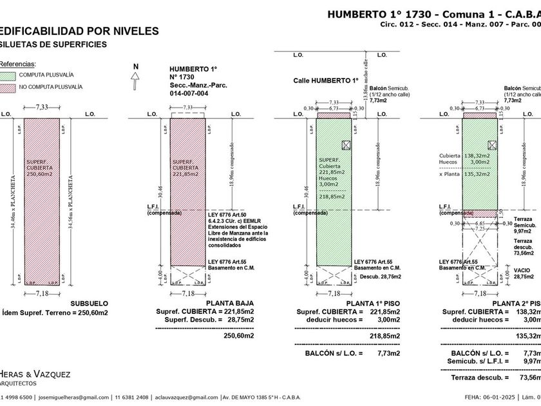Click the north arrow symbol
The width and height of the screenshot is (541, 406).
click(x=135, y=79)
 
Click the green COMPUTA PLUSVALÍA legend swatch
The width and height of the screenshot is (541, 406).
click(x=8, y=75)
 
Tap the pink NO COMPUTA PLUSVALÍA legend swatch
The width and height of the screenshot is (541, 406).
click(x=8, y=86)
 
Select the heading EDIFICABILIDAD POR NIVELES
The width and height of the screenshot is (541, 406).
click(x=77, y=30)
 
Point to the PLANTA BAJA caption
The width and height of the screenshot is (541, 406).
click(x=229, y=303)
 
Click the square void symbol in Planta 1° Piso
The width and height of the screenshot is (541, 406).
click(x=346, y=145)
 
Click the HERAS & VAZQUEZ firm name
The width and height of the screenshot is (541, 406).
click(x=36, y=374)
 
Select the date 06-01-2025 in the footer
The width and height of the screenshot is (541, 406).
click(x=486, y=397)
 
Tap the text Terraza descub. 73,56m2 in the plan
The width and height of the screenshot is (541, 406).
click(x=522, y=247)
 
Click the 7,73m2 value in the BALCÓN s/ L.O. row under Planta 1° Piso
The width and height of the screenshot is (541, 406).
click(x=388, y=353)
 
